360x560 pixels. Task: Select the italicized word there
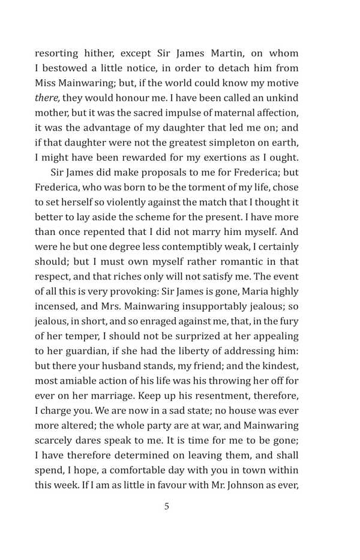click(46, 97)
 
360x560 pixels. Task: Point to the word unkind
click(283, 97)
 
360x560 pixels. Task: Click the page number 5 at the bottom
click(167, 506)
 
